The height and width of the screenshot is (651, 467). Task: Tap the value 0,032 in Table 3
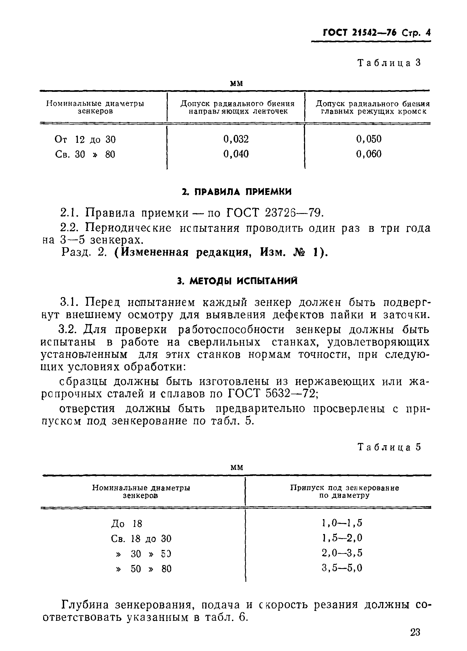pos(236,139)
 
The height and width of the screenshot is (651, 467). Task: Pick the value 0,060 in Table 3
pos(368,154)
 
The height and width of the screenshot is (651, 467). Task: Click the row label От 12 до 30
pos(85,140)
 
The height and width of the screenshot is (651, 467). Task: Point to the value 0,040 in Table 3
pos(236,154)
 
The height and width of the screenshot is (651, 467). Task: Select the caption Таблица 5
pos(389,447)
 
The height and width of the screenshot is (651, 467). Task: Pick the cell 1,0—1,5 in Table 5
pos(342,523)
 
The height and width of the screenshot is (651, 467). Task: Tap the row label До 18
pos(126,524)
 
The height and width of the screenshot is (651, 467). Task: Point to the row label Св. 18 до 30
pos(141,538)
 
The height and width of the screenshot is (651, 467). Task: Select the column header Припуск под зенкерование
pos(344,488)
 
